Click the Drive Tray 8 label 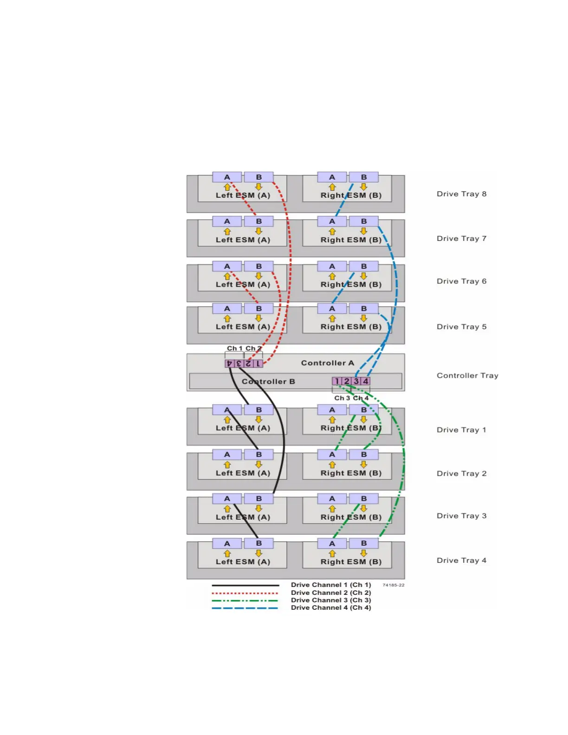pos(461,194)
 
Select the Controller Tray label pos(467,375)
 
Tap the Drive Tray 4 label pos(461,561)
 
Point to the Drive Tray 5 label pos(461,327)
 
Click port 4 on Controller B pos(366,381)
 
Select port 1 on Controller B pos(337,381)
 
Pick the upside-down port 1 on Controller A pos(258,364)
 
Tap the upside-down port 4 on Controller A pos(229,364)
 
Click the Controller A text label pos(327,363)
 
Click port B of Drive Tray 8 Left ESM pos(258,177)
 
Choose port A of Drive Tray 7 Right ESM pos(332,222)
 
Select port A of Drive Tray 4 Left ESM pos(227,543)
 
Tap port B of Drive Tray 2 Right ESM pos(364,455)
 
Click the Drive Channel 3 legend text pos(331,600)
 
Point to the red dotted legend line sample pos(245,593)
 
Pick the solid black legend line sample pos(245,586)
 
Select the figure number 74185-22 pos(393,585)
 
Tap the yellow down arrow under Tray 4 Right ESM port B pos(364,553)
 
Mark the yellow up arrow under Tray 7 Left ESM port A pos(227,231)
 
